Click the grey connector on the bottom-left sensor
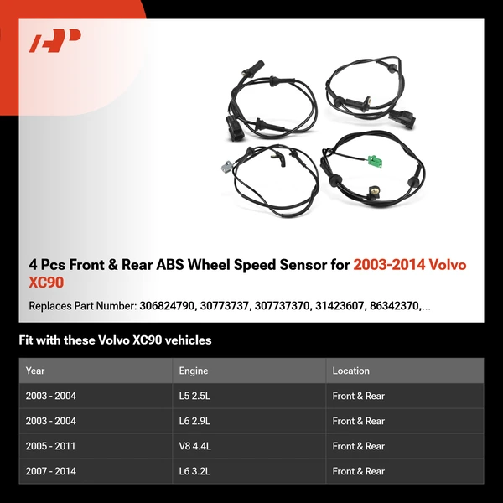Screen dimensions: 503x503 226,167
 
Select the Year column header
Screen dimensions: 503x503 35,371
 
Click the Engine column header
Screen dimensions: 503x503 193,371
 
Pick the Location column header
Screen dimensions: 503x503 350,371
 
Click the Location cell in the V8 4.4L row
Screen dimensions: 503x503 358,446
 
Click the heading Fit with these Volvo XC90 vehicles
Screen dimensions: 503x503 115,340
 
